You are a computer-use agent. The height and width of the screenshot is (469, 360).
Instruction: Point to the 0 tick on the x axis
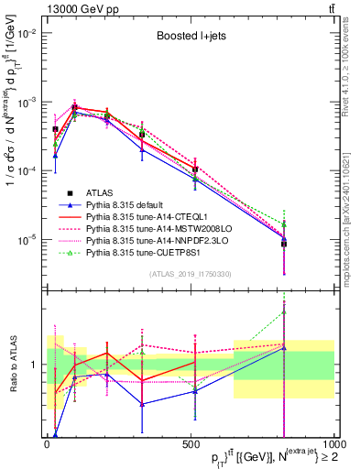48,444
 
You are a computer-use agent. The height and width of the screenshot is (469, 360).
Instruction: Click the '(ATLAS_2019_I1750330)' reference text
190,274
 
